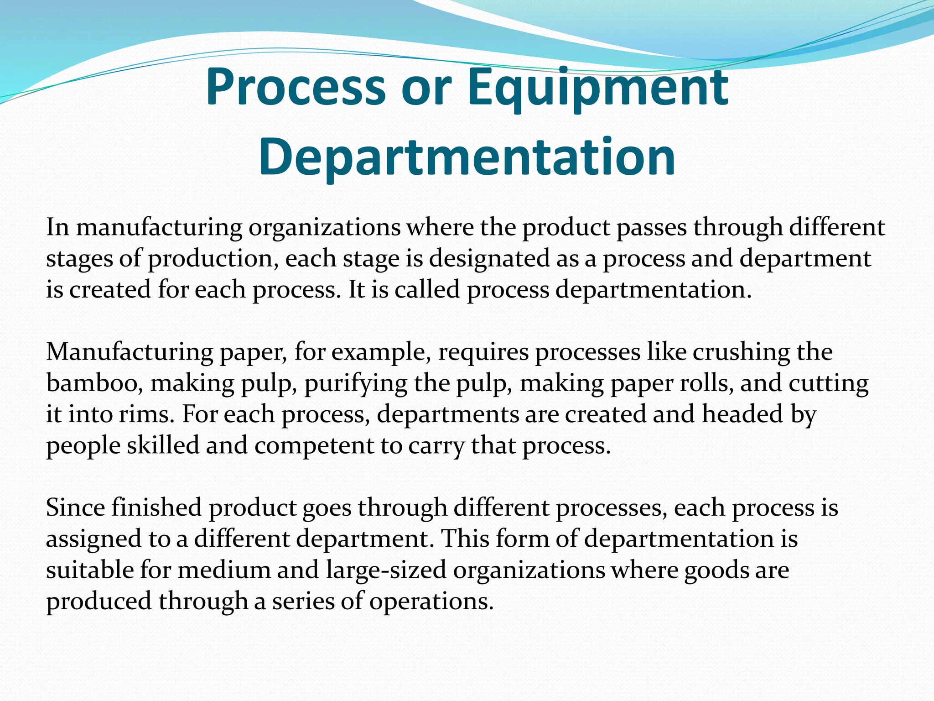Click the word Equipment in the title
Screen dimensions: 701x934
pyautogui.click(x=597, y=87)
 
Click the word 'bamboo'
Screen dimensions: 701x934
pyautogui.click(x=91, y=383)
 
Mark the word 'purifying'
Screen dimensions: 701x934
pyautogui.click(x=356, y=383)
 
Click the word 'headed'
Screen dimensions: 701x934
pyautogui.click(x=742, y=414)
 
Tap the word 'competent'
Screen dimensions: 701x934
pyautogui.click(x=314, y=445)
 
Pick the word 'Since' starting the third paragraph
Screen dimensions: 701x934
pyautogui.click(x=75, y=507)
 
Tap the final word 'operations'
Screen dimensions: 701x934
pyautogui.click(x=431, y=601)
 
